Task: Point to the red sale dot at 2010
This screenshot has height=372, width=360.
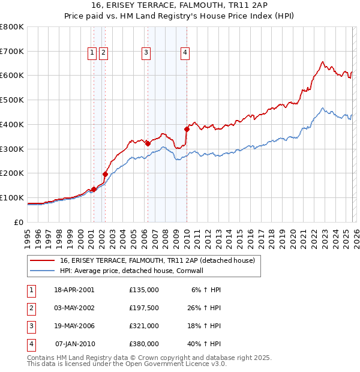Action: tap(187, 129)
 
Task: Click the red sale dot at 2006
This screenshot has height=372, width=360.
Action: tap(148, 143)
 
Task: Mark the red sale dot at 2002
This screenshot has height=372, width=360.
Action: tap(105, 174)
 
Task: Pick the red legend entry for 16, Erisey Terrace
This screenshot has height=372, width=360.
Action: tap(158, 260)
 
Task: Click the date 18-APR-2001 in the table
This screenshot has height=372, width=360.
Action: tap(74, 289)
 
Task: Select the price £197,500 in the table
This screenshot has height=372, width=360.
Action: tap(144, 307)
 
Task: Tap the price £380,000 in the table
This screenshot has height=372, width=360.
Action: tap(144, 344)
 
